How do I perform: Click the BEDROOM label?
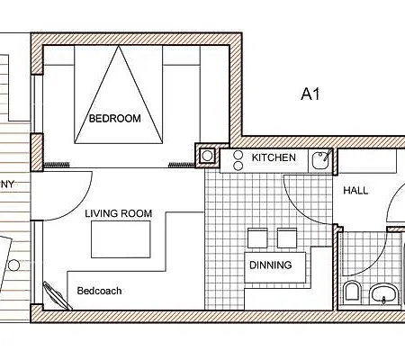[x=114, y=118]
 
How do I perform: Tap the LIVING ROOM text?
[x=118, y=213]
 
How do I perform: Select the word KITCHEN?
[x=274, y=157]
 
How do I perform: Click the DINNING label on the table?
[x=271, y=265]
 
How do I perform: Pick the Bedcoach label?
[x=99, y=291]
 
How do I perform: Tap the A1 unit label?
[x=312, y=93]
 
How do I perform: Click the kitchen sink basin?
[x=319, y=162]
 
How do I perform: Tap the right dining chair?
[x=286, y=237]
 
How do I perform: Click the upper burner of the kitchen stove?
[x=238, y=154]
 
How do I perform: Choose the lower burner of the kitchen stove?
[x=238, y=166]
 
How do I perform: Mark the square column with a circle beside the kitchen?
[x=207, y=157]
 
